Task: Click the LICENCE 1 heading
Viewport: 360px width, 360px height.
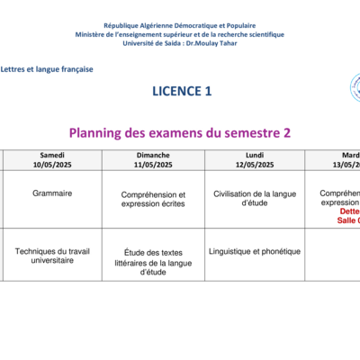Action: [x=184, y=91]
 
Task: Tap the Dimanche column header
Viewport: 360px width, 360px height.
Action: [x=154, y=154]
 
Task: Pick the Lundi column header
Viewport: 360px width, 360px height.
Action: [x=254, y=154]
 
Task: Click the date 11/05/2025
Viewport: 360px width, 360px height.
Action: [x=154, y=165]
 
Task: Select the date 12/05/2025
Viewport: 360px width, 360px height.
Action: [x=254, y=165]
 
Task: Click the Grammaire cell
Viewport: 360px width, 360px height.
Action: [x=52, y=193]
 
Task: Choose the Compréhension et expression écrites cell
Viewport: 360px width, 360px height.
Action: [x=154, y=199]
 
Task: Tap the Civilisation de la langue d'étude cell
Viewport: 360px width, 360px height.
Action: [x=255, y=198]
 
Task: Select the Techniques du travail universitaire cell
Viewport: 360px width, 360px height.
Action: [x=52, y=256]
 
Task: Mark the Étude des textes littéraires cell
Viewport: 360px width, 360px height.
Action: [x=154, y=262]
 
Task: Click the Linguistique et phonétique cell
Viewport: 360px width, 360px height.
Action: [x=254, y=251]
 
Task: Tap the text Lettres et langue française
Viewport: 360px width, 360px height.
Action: [x=47, y=68]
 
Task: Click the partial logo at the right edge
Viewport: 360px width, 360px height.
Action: [x=355, y=88]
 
